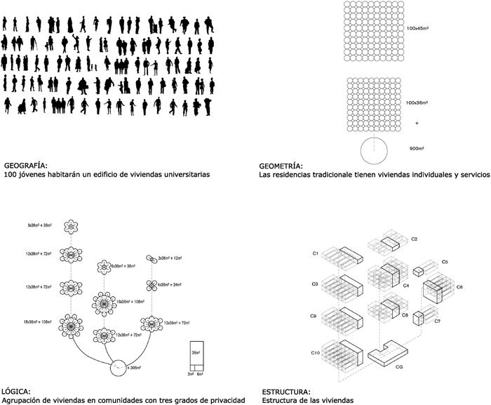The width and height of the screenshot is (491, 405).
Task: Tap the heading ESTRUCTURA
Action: tap(285, 391)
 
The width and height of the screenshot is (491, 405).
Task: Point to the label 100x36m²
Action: tap(419, 102)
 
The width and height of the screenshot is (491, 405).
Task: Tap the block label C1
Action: tap(316, 253)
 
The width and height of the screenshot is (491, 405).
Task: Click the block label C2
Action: tap(415, 240)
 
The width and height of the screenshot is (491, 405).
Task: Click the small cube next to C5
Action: tap(419, 271)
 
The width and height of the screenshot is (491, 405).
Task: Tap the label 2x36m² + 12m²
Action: tap(172, 258)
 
